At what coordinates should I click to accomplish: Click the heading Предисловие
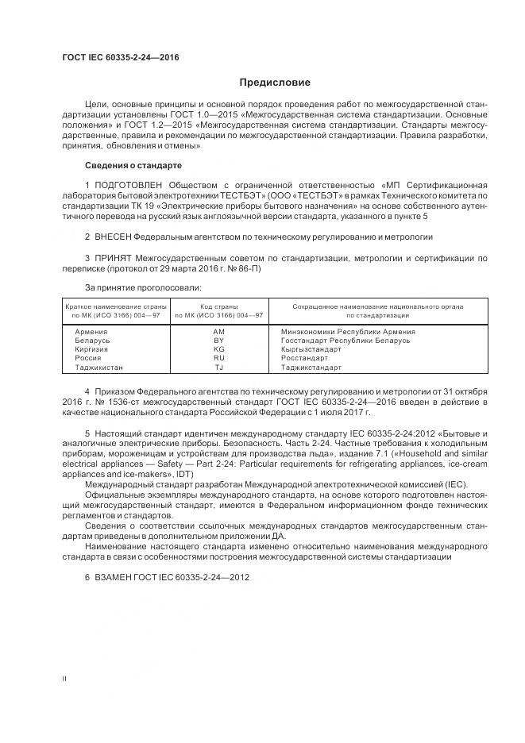click(x=275, y=83)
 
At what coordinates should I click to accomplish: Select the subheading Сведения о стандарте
click(x=133, y=165)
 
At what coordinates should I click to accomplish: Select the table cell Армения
click(x=91, y=331)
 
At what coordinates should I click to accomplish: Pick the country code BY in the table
click(x=219, y=340)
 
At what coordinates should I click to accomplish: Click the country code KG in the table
click(x=219, y=349)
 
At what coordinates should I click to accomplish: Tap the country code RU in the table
click(x=219, y=358)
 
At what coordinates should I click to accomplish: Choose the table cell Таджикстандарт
click(x=311, y=368)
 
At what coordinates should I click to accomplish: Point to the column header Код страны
click(x=219, y=306)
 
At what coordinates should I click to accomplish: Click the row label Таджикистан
click(x=98, y=368)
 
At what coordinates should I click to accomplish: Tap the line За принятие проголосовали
click(x=142, y=287)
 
